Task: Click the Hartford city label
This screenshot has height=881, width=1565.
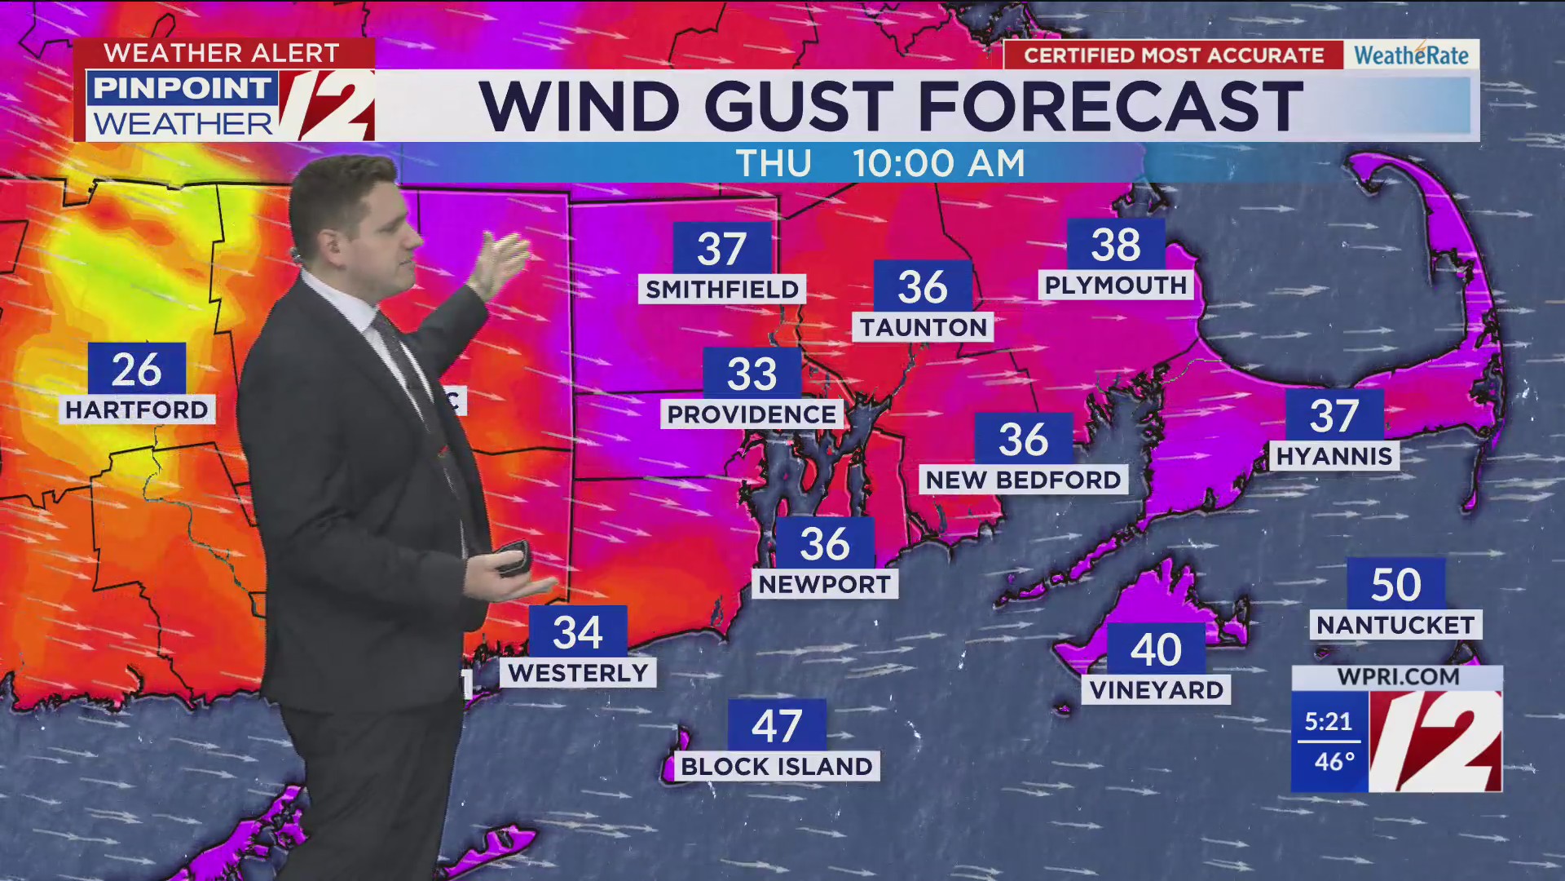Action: [137, 410]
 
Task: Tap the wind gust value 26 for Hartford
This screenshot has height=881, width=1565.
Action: [137, 370]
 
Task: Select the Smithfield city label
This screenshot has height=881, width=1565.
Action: [722, 290]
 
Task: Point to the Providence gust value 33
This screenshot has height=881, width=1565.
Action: [752, 374]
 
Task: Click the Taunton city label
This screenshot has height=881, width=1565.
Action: [923, 327]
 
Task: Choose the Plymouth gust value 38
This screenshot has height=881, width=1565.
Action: [1116, 245]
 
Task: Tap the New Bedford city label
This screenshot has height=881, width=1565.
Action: [1024, 480]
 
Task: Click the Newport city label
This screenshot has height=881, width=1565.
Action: [824, 584]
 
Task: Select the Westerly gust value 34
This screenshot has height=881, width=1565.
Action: [578, 632]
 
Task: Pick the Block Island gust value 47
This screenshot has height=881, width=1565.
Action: [777, 726]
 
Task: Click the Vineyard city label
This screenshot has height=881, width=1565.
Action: [1156, 690]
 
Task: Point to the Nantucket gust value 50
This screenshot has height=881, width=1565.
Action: [1395, 585]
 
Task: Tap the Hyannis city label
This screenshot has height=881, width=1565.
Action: [1334, 456]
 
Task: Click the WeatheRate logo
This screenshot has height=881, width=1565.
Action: [1411, 55]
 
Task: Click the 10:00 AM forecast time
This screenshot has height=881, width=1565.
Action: [939, 164]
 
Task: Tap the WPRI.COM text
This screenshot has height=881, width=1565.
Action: [1398, 677]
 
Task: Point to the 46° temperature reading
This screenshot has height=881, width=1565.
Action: [1334, 762]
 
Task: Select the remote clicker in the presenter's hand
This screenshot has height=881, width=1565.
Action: [512, 558]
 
